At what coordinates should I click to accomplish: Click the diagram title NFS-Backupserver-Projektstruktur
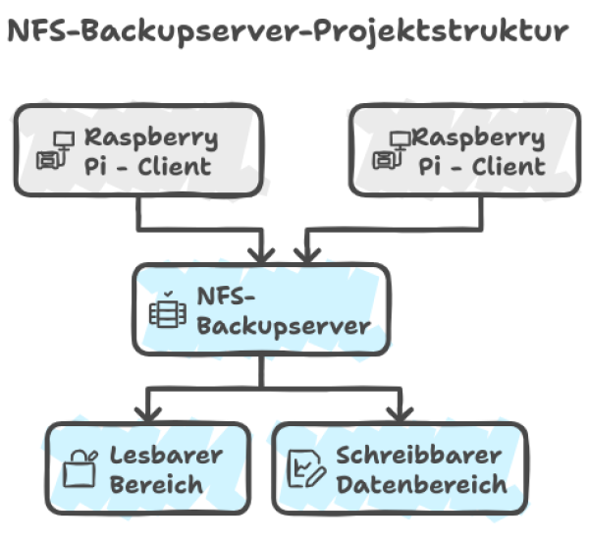pos(286,31)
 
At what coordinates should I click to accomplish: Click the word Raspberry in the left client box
pos(150,136)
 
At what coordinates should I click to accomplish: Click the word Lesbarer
pos(166,456)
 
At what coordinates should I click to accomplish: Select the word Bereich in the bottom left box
pos(156,484)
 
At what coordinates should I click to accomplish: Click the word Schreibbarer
pos(418,456)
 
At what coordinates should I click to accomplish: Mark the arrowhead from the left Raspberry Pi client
pos(261,253)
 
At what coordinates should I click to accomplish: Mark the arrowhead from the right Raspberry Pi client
pos(307,253)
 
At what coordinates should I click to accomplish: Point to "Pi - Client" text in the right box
pos(482,166)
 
